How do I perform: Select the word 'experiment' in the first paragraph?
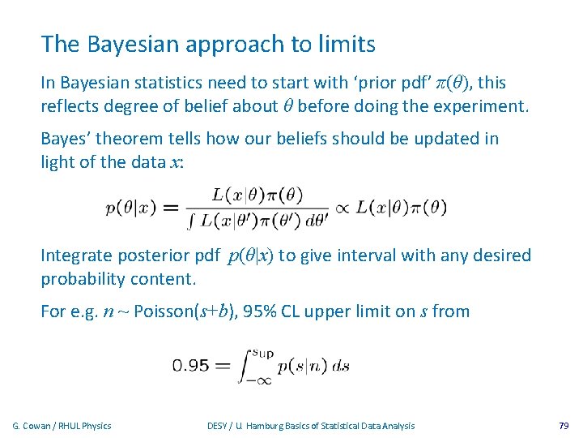[x=483, y=105]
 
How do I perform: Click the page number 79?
[x=564, y=426]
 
